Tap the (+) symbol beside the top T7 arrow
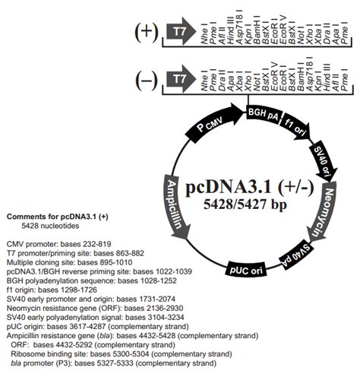[x=147, y=32]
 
